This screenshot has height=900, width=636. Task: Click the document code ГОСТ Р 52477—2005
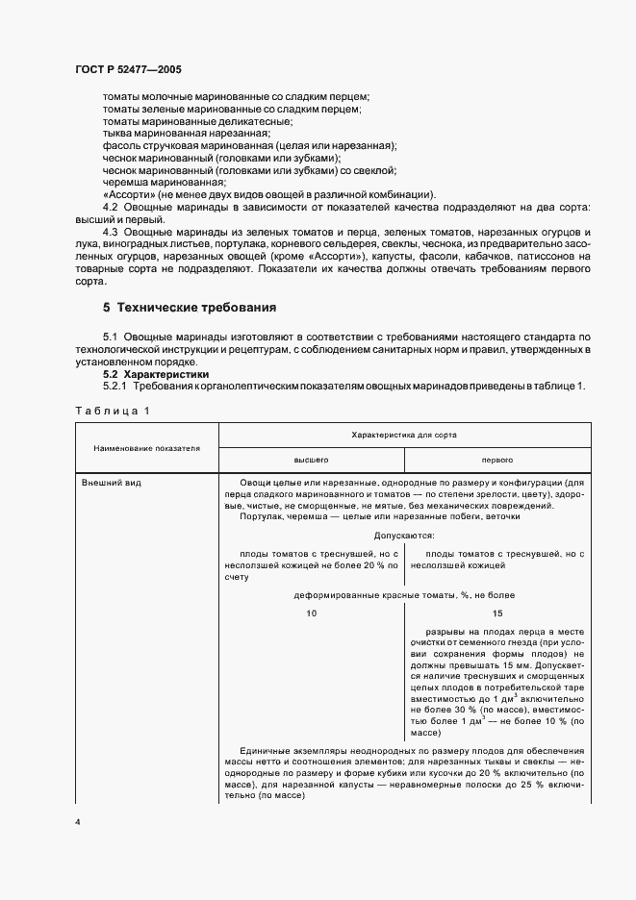(128, 70)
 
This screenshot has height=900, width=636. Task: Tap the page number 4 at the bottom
(77, 823)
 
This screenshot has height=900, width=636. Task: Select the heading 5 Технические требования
(190, 309)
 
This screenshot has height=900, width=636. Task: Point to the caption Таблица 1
(114, 411)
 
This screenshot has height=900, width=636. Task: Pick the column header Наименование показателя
(146, 448)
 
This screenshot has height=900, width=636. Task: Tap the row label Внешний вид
(112, 483)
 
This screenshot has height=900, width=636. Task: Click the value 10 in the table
(311, 612)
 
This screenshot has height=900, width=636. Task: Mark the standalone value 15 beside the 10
(496, 612)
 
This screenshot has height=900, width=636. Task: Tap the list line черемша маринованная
(165, 182)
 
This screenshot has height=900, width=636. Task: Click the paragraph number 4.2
(111, 208)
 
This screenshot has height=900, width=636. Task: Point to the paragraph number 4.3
(111, 234)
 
